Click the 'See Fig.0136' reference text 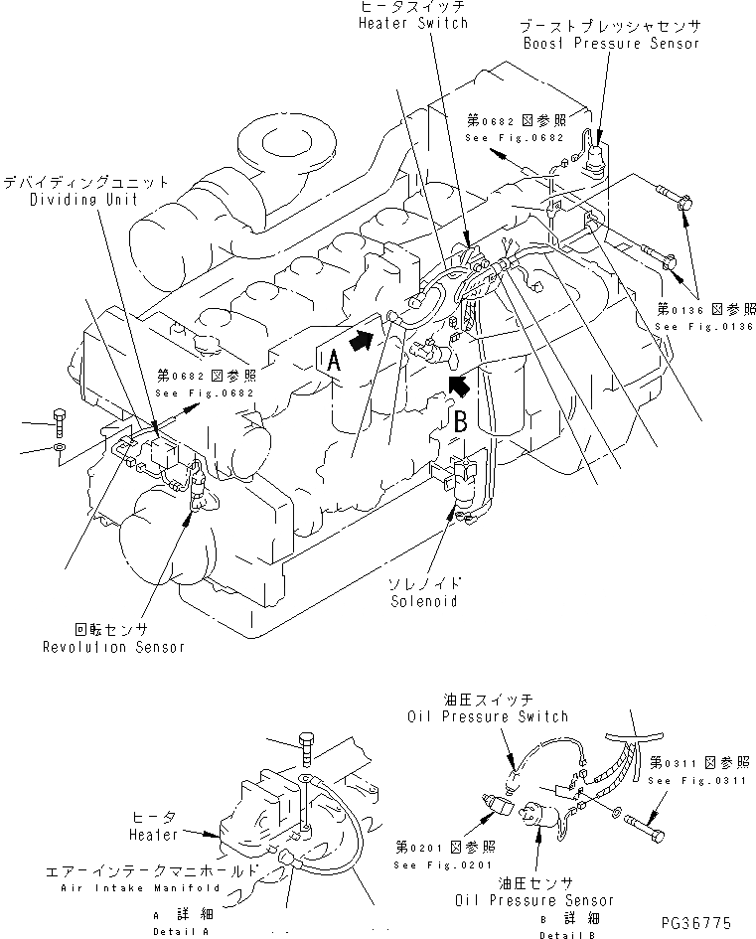point(705,326)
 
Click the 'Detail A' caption point(181,931)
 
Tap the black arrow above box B point(457,384)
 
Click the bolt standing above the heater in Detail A point(306,750)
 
